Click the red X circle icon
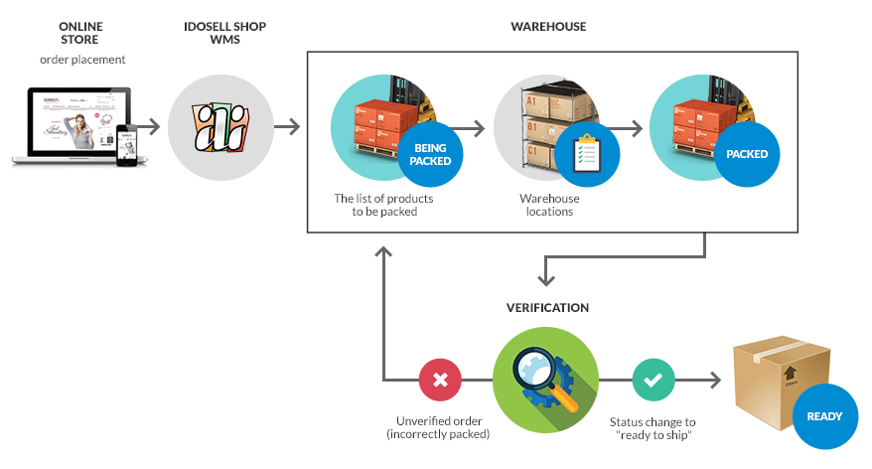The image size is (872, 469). [440, 380]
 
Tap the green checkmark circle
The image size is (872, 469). [654, 380]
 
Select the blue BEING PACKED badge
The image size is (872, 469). [430, 155]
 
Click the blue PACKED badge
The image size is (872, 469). [747, 154]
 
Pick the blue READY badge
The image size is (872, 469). [824, 416]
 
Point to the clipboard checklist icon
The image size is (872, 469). [587, 153]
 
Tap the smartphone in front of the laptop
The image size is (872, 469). [126, 145]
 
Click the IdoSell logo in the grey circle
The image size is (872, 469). [220, 128]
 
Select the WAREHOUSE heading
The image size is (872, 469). [548, 27]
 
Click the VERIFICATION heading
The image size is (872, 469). [547, 308]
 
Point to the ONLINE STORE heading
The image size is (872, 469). [80, 33]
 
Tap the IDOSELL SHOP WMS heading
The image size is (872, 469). [224, 33]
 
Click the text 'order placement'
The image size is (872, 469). [82, 60]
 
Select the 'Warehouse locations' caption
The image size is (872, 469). [549, 205]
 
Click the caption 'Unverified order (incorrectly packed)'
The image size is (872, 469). [438, 427]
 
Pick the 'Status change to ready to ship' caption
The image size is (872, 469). [653, 428]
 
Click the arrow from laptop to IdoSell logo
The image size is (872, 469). [147, 127]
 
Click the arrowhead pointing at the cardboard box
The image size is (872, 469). [715, 380]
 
